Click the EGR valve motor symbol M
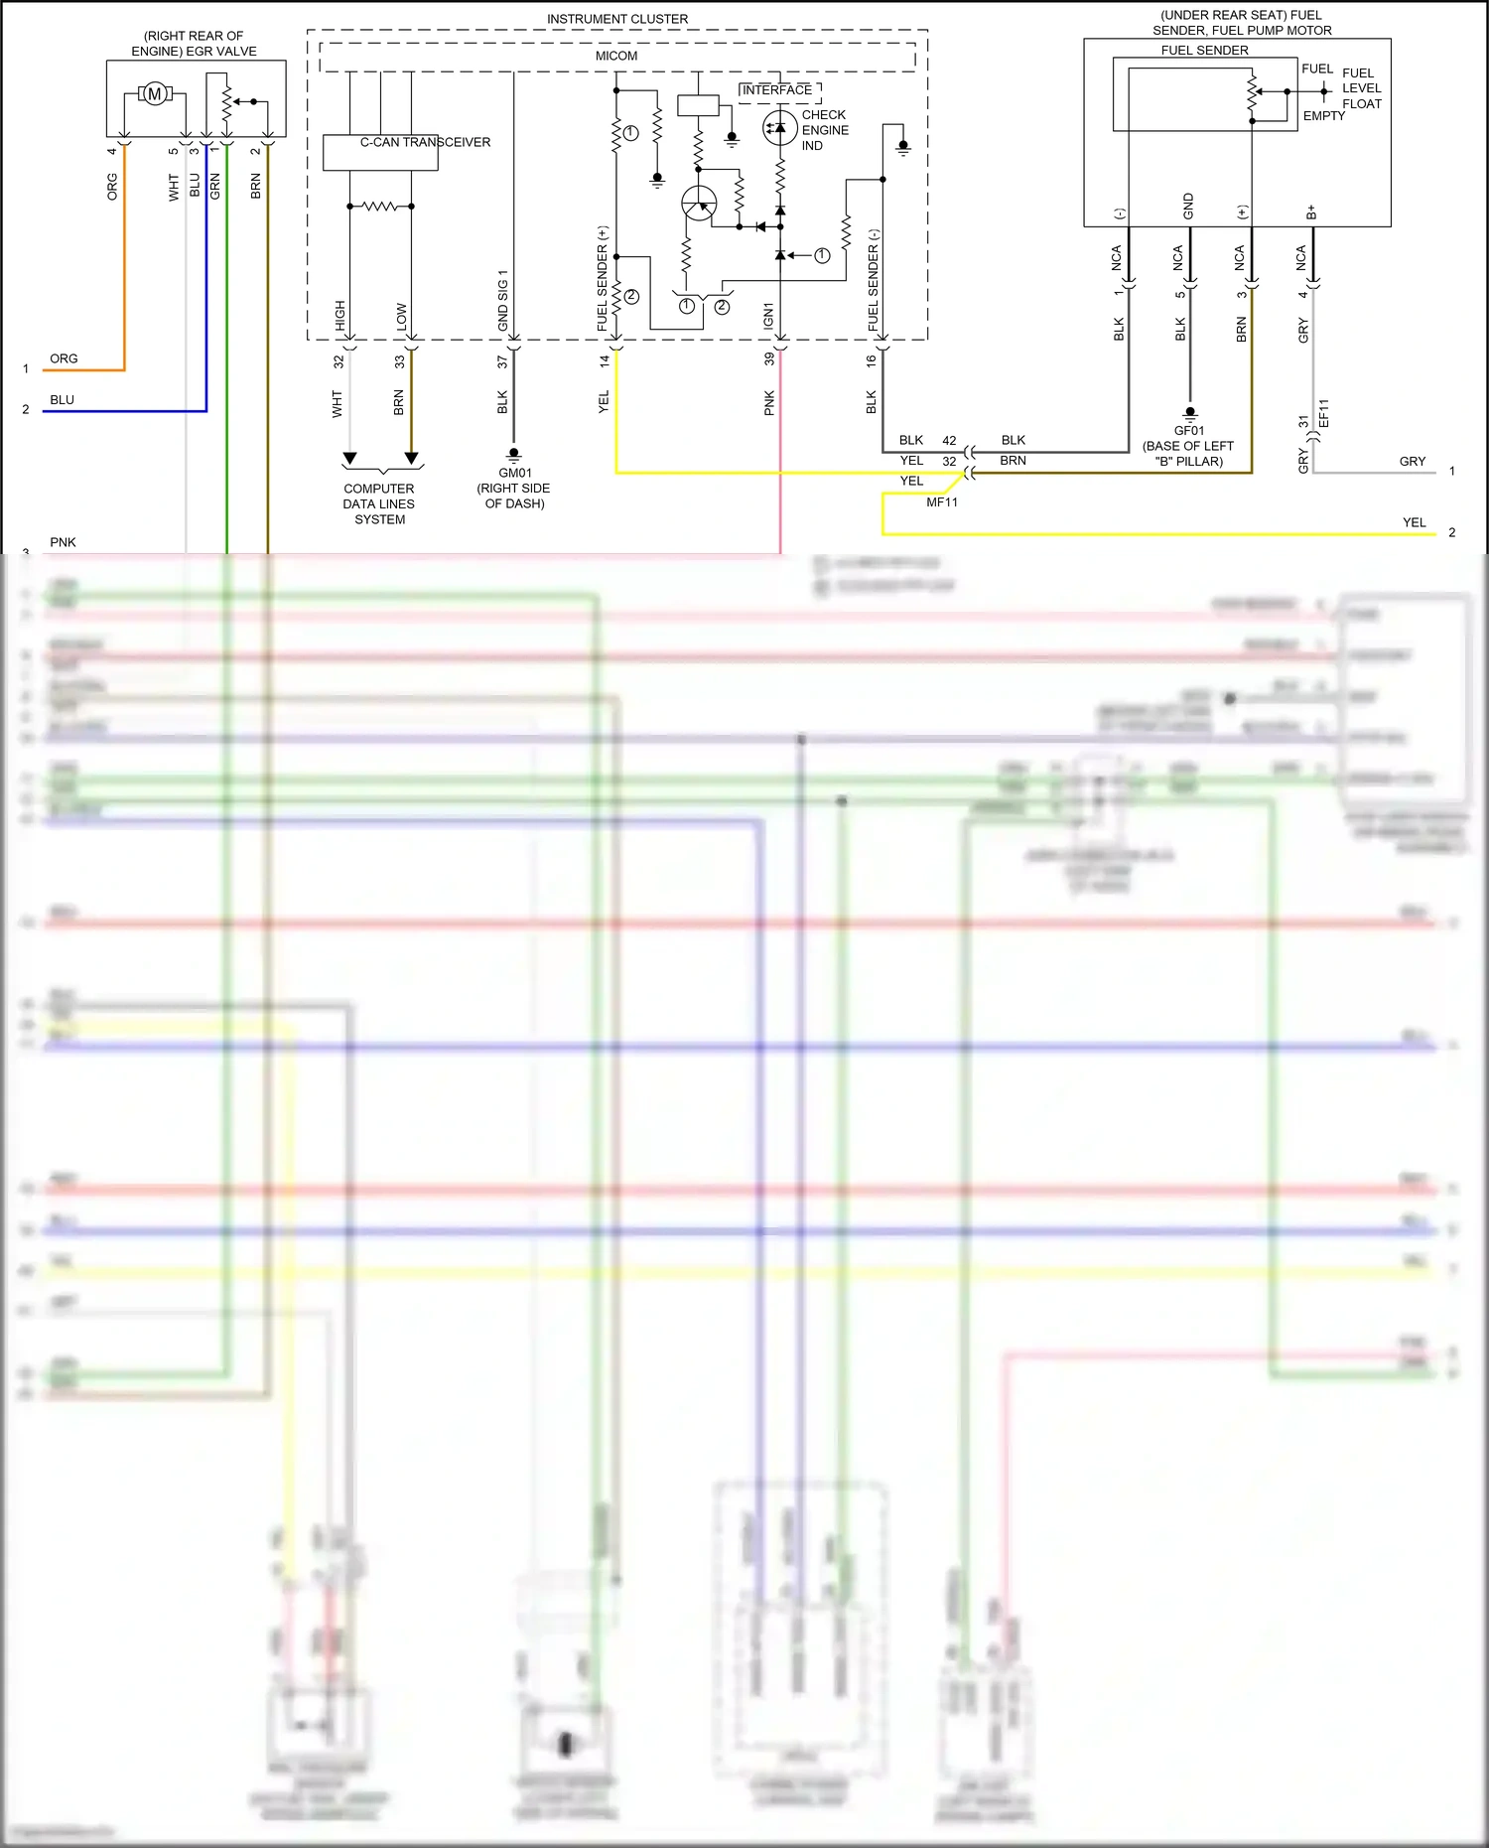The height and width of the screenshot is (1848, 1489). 154,94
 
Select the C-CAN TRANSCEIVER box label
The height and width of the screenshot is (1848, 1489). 425,142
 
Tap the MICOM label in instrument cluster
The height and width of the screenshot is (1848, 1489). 616,56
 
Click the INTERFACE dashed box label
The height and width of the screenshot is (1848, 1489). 777,90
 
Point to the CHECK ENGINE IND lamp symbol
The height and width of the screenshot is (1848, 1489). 779,128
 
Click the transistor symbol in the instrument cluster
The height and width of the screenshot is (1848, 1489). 699,205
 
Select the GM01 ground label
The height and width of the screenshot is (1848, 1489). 515,473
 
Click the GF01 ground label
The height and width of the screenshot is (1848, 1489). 1188,431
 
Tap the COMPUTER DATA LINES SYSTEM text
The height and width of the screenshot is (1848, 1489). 379,503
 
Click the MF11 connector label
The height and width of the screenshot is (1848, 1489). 942,502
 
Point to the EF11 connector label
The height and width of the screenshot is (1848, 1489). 1323,413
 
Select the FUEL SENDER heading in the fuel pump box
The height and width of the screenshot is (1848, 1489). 1204,51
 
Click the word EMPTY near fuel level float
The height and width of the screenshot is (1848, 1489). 1324,116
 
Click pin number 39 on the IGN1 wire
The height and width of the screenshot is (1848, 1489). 768,359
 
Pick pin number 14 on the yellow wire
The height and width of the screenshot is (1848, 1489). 604,361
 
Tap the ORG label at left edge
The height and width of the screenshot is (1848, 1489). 64,358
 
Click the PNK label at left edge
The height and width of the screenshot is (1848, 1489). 63,542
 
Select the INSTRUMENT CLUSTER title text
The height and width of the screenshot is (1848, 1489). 616,19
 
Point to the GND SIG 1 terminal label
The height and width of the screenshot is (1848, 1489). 503,300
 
